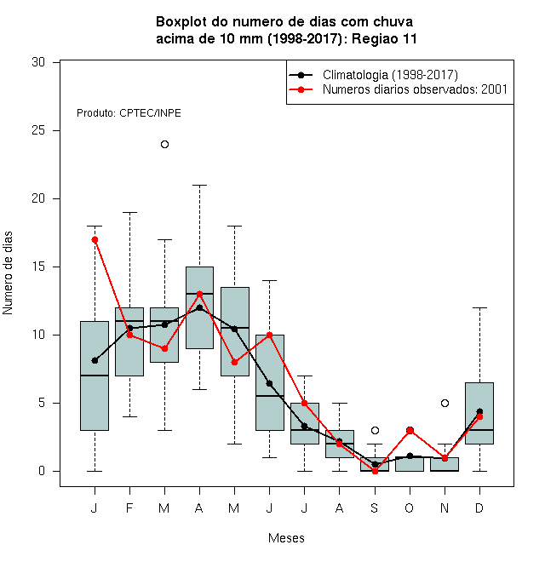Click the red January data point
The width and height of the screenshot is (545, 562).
pos(95,240)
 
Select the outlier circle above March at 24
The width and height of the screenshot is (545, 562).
pos(164,145)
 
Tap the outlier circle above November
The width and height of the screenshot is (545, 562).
pos(445,404)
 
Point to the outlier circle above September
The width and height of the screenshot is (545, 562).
pos(375,431)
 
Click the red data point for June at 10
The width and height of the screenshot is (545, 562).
pos(270,335)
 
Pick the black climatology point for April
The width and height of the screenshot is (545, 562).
pos(200,307)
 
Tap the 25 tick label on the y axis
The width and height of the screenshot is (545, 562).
pos(38,130)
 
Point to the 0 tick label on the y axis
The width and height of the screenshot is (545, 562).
pos(42,471)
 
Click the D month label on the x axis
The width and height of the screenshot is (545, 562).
pos(479,508)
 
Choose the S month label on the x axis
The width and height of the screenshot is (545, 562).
pos(375,508)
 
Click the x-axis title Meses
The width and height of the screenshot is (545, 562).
pos(286,538)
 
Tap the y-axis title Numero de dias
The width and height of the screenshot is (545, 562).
pos(8,273)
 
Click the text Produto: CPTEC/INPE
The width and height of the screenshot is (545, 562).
pos(129,113)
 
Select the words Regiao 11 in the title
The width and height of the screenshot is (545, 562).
pos(384,38)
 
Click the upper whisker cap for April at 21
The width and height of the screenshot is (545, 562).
pos(200,186)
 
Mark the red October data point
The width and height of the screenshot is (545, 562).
pos(410,430)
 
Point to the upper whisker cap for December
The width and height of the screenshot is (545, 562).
pos(479,308)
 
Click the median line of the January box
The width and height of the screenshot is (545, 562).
pos(95,376)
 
